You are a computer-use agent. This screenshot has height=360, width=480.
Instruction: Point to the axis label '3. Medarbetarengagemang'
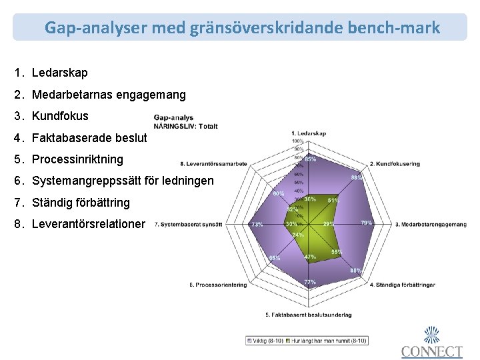(431, 224)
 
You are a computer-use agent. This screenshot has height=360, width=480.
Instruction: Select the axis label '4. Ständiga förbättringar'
(405, 285)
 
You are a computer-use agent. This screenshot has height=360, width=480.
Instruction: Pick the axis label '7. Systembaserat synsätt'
(188, 225)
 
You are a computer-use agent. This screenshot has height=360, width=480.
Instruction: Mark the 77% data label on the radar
(310, 283)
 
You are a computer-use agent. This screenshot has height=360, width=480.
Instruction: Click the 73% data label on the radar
(257, 225)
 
